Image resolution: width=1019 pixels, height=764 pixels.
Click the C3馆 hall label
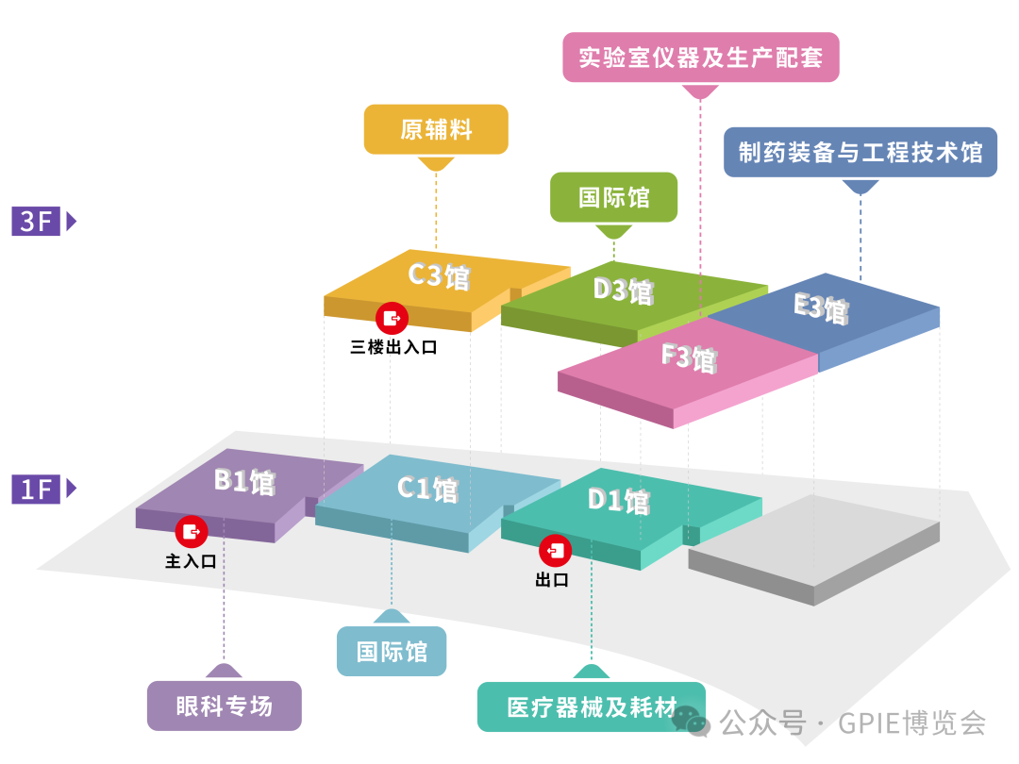(439, 275)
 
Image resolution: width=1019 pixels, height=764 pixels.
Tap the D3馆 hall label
(623, 290)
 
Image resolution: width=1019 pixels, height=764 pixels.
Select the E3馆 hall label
(821, 307)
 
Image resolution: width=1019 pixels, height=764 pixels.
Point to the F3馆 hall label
(689, 357)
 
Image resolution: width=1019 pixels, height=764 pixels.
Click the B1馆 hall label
(244, 481)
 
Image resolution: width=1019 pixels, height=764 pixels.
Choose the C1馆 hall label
(427, 489)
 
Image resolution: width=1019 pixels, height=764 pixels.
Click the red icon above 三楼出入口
(391, 317)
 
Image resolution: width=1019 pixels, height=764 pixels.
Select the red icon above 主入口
(192, 531)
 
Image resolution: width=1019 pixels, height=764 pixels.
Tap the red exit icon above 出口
(554, 550)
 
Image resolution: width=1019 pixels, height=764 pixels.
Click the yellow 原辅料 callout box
(436, 129)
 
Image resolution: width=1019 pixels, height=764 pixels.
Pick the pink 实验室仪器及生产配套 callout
(700, 58)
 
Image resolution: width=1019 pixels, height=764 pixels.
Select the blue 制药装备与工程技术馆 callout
(860, 153)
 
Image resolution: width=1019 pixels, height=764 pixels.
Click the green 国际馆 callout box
(613, 197)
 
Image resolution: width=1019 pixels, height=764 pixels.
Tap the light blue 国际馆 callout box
(392, 651)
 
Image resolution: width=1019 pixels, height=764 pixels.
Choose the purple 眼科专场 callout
(224, 706)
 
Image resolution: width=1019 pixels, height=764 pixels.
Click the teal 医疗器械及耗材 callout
(592, 706)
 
